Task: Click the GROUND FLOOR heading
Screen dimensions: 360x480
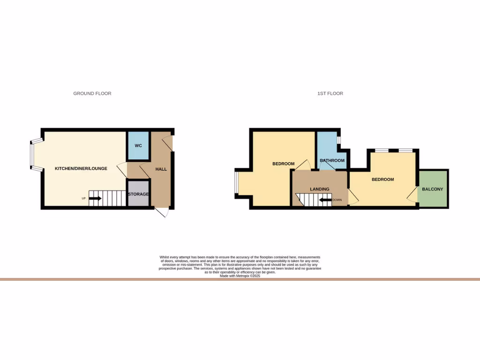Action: pyautogui.click(x=92, y=94)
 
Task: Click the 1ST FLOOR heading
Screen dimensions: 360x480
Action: pyautogui.click(x=330, y=94)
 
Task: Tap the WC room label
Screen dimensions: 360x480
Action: pyautogui.click(x=138, y=146)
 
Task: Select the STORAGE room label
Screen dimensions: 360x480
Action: pyautogui.click(x=138, y=194)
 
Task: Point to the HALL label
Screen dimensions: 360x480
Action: pyautogui.click(x=161, y=169)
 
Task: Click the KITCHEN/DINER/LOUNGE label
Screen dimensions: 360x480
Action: pyautogui.click(x=81, y=169)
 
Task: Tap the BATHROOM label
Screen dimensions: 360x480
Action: pyautogui.click(x=332, y=161)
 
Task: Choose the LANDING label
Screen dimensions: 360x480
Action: pyautogui.click(x=320, y=189)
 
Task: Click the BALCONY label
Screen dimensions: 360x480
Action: pyautogui.click(x=433, y=189)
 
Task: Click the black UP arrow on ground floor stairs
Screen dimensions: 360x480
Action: pyautogui.click(x=95, y=198)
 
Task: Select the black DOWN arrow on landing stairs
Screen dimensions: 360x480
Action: pyautogui.click(x=325, y=200)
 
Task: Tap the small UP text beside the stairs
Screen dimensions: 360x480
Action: pyautogui.click(x=84, y=198)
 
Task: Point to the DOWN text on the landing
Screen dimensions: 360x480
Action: pyautogui.click(x=337, y=200)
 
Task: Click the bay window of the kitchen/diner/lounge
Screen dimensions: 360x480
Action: pyautogui.click(x=32, y=154)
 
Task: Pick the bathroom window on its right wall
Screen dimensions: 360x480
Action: pyautogui.click(x=339, y=140)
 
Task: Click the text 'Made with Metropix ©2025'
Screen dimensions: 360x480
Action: pyautogui.click(x=240, y=276)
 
